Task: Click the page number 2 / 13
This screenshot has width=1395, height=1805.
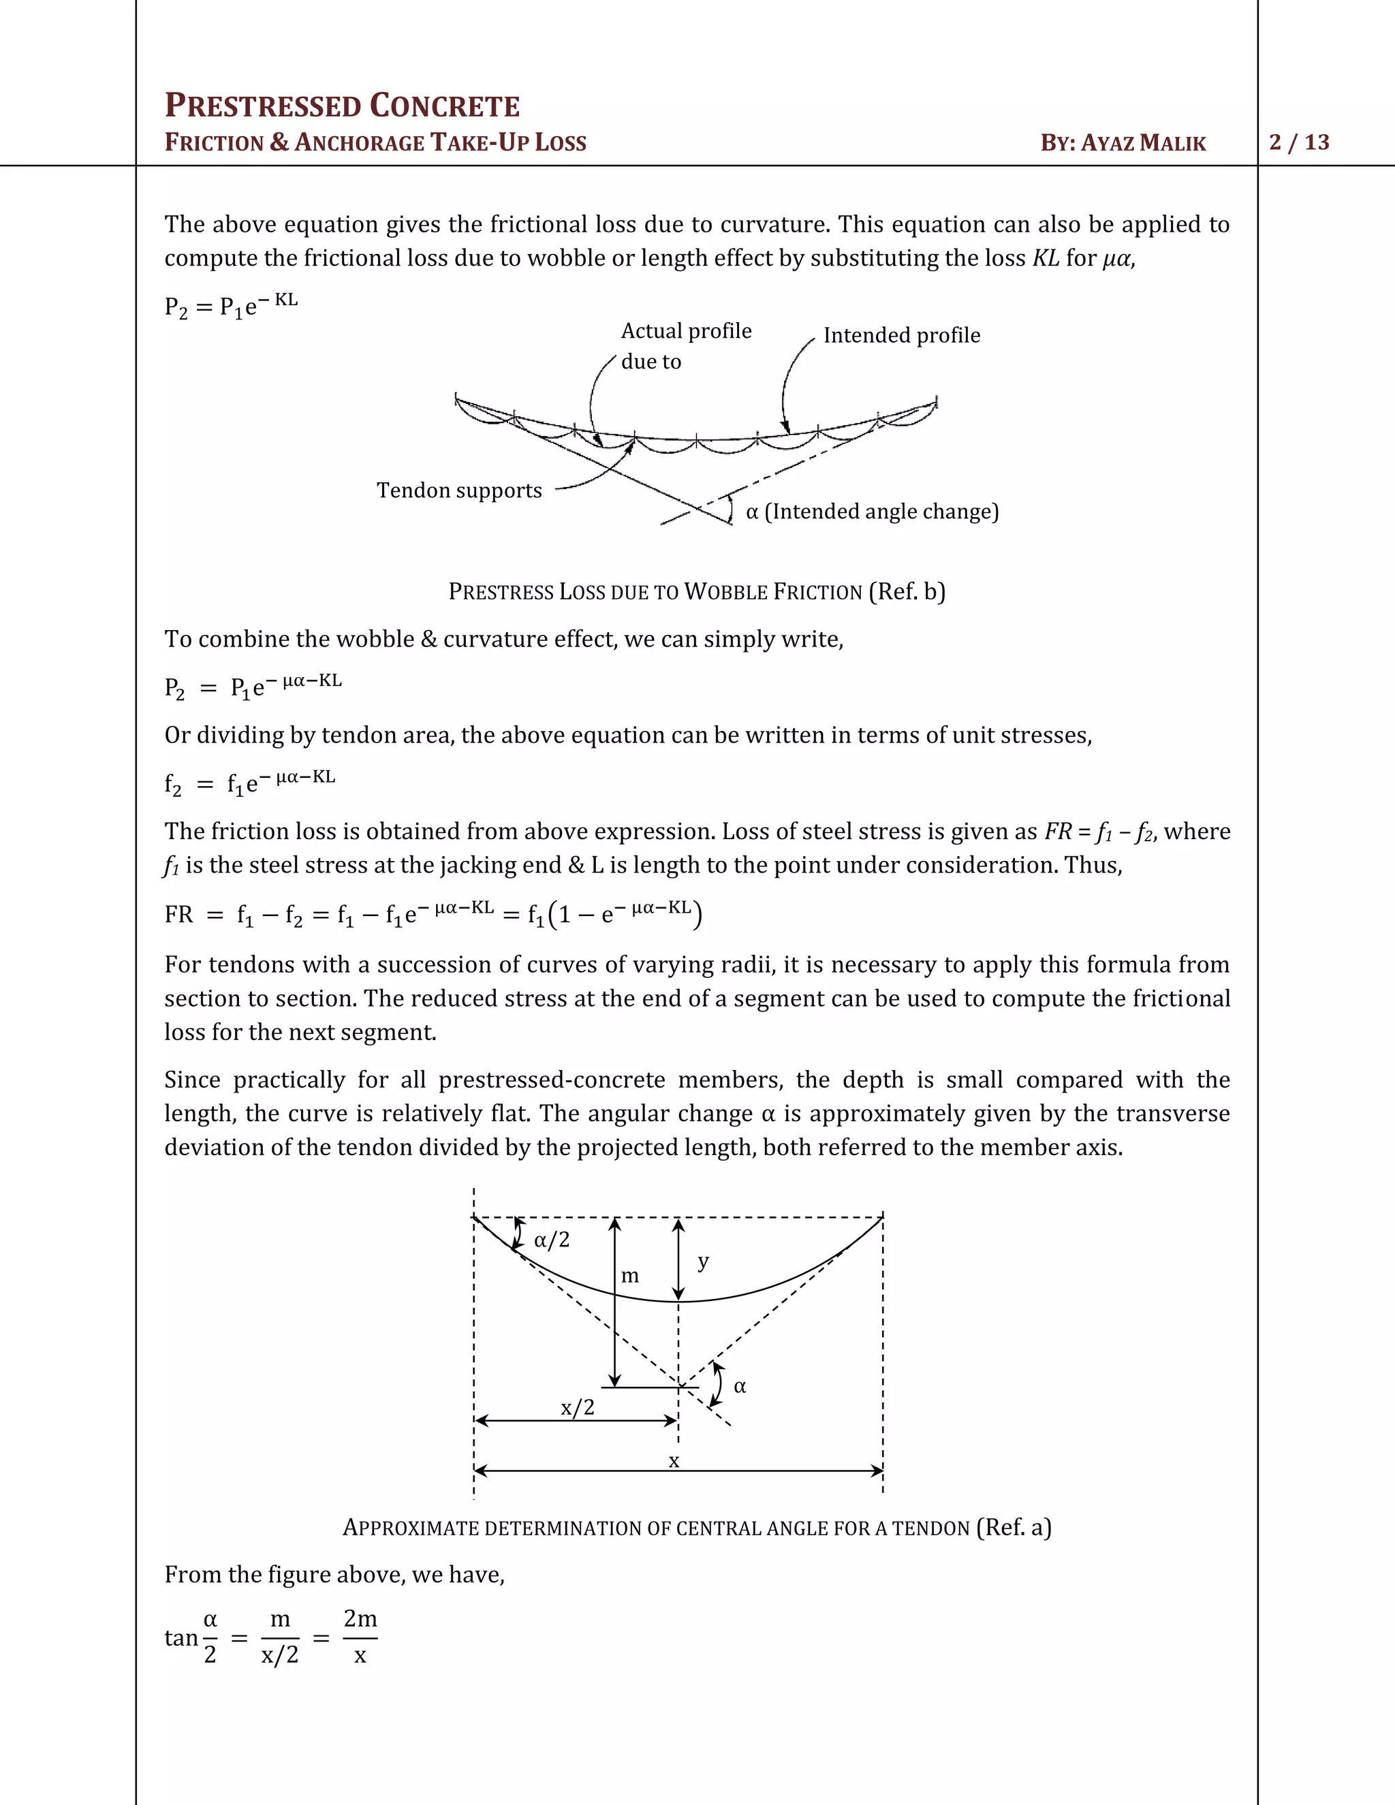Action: [x=1299, y=142]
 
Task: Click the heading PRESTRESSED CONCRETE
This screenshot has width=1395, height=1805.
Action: [x=342, y=107]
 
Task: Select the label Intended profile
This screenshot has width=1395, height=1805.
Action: [x=902, y=336]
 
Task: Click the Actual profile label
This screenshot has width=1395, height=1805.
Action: [x=686, y=332]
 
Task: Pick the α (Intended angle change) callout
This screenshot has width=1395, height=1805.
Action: [x=872, y=512]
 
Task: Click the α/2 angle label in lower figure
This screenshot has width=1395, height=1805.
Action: [x=551, y=1240]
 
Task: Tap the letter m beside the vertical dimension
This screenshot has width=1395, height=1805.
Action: [x=630, y=1276]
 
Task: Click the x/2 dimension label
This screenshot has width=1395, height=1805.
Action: [x=577, y=1407]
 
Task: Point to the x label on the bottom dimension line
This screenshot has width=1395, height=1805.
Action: [x=674, y=1461]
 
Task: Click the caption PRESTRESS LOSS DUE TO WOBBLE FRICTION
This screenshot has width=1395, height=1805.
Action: [x=696, y=592]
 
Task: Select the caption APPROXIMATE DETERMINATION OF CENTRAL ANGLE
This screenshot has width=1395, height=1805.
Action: [x=696, y=1527]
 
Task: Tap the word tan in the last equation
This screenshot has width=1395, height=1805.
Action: [x=181, y=1637]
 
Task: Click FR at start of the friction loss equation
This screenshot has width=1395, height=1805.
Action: [x=178, y=914]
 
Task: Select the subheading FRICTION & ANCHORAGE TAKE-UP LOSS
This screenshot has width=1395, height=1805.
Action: [x=375, y=142]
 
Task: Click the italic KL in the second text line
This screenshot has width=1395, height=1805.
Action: [x=1046, y=258]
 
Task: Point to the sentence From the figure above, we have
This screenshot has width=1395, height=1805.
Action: [x=334, y=1574]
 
